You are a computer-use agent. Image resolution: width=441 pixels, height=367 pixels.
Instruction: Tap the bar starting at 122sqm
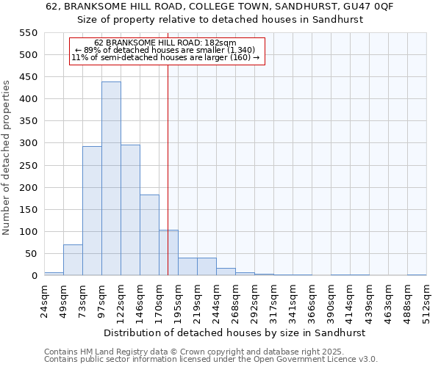point(130,210)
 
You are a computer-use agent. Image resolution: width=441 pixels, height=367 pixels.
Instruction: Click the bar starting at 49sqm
point(73,260)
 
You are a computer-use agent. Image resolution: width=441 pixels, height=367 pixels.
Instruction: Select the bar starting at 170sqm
point(168,252)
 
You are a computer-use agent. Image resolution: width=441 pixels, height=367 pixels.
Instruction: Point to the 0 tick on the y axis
point(34,276)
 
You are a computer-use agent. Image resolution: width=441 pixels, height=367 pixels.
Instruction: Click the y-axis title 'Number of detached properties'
point(7,158)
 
